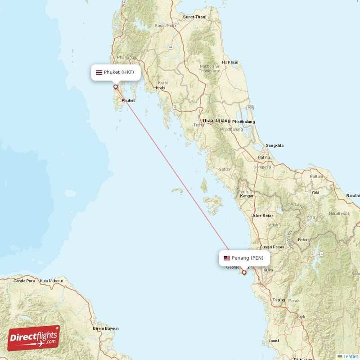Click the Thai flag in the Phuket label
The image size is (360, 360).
(x=99, y=72)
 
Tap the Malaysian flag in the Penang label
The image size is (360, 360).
(x=227, y=258)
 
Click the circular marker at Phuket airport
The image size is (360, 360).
(x=116, y=86)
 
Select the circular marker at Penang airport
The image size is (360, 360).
(x=244, y=272)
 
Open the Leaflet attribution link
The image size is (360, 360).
(x=350, y=356)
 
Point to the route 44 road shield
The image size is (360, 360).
(x=171, y=47)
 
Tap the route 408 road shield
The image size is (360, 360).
(x=250, y=108)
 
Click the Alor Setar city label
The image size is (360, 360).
(x=263, y=216)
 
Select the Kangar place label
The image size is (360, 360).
(x=247, y=196)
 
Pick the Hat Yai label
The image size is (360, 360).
(x=264, y=157)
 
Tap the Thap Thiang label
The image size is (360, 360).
(x=216, y=121)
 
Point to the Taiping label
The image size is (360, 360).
(x=279, y=300)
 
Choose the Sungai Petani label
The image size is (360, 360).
(x=272, y=247)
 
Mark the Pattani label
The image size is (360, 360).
(x=316, y=176)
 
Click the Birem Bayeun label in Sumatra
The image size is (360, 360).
(x=106, y=328)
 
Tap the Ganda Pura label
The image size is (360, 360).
(x=24, y=281)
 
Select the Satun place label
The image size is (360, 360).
(x=225, y=169)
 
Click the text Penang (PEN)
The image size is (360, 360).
(x=247, y=258)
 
